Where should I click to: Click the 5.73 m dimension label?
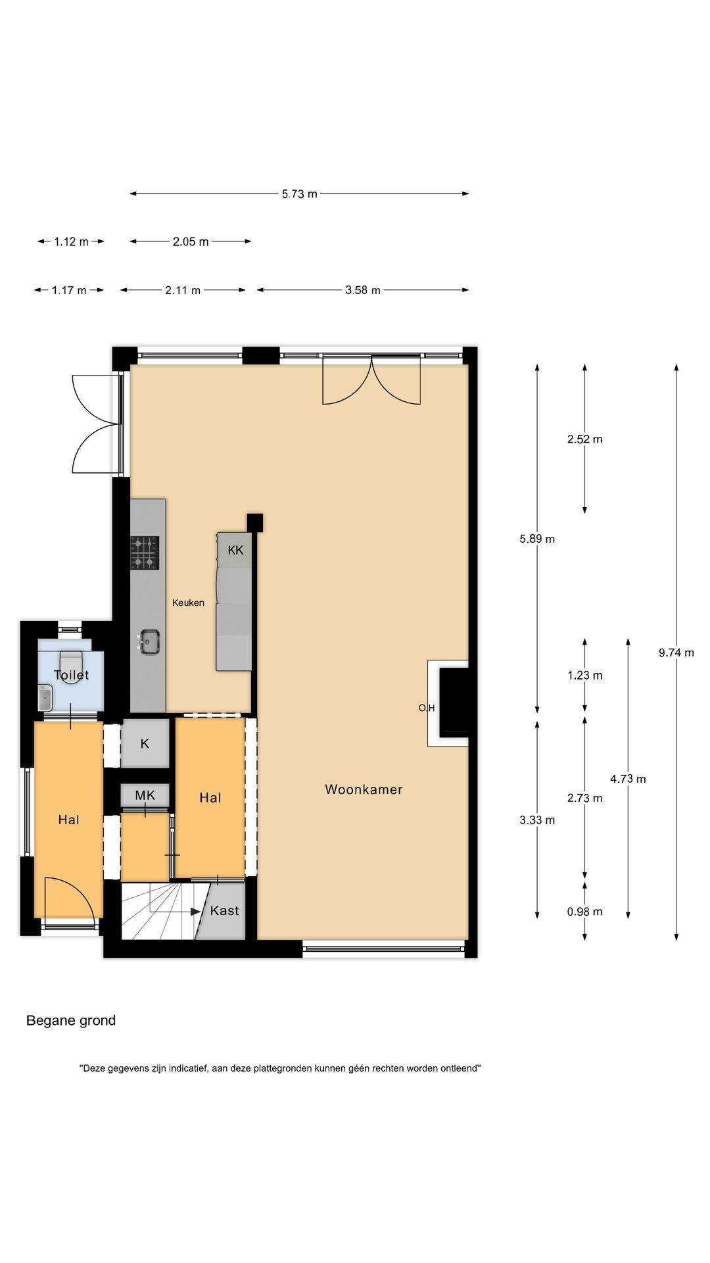coord(299,194)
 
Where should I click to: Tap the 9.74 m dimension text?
coord(676,653)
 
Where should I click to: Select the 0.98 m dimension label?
coord(584,912)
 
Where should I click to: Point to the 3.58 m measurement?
coord(362,290)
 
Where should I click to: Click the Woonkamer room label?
coord(364,789)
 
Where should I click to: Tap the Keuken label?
coord(188,603)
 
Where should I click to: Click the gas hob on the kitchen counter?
coord(145,553)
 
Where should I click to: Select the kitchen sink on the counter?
coord(150,642)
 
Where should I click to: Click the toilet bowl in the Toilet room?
coord(71,666)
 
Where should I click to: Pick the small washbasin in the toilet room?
coord(45,698)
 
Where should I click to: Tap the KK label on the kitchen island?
coord(235,550)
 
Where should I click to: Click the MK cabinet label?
coord(145,795)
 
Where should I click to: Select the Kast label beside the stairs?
coord(224,910)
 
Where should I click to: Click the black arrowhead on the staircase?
coord(196,912)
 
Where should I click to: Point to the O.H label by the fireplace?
coord(427,708)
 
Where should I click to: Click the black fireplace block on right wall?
coord(454,701)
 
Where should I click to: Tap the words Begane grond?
coord(71,1020)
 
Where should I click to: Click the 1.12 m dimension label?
coord(71,242)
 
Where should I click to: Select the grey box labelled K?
coord(145,743)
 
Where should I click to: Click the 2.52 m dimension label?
coord(584,439)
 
